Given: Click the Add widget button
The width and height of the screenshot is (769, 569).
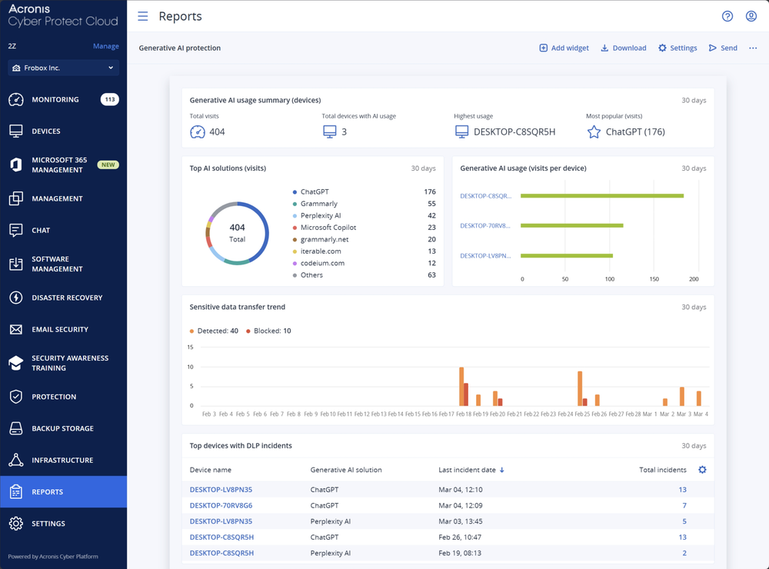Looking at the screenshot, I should tap(564, 48).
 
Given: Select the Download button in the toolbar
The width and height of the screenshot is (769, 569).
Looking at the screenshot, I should tap(623, 48).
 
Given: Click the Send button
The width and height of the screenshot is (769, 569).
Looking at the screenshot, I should tap(723, 48).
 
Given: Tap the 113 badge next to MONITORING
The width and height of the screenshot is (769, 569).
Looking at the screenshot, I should tap(109, 99).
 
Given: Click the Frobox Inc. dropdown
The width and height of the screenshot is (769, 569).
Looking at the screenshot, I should tap(63, 68).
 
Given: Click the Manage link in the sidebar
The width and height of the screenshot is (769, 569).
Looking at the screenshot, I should tap(105, 46).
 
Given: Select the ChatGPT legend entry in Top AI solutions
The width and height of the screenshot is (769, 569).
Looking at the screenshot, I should tap(314, 191).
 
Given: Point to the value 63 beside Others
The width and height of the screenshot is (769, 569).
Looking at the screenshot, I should tap(431, 275).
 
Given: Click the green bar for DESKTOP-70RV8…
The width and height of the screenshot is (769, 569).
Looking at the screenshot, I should tap(571, 225).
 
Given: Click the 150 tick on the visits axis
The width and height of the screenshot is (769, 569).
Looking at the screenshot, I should tap(654, 279).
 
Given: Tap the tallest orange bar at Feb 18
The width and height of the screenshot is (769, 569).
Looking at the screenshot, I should tap(461, 386).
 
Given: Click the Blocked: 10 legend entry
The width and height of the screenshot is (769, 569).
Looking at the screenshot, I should tap(268, 331).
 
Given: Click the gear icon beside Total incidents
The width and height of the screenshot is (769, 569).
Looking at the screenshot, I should tap(701, 470).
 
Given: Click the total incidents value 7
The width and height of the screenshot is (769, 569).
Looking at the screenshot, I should tap(684, 505).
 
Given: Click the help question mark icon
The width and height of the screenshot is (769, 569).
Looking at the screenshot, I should tap(727, 16).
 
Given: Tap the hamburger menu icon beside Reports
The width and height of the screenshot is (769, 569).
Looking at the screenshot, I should tap(142, 16).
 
